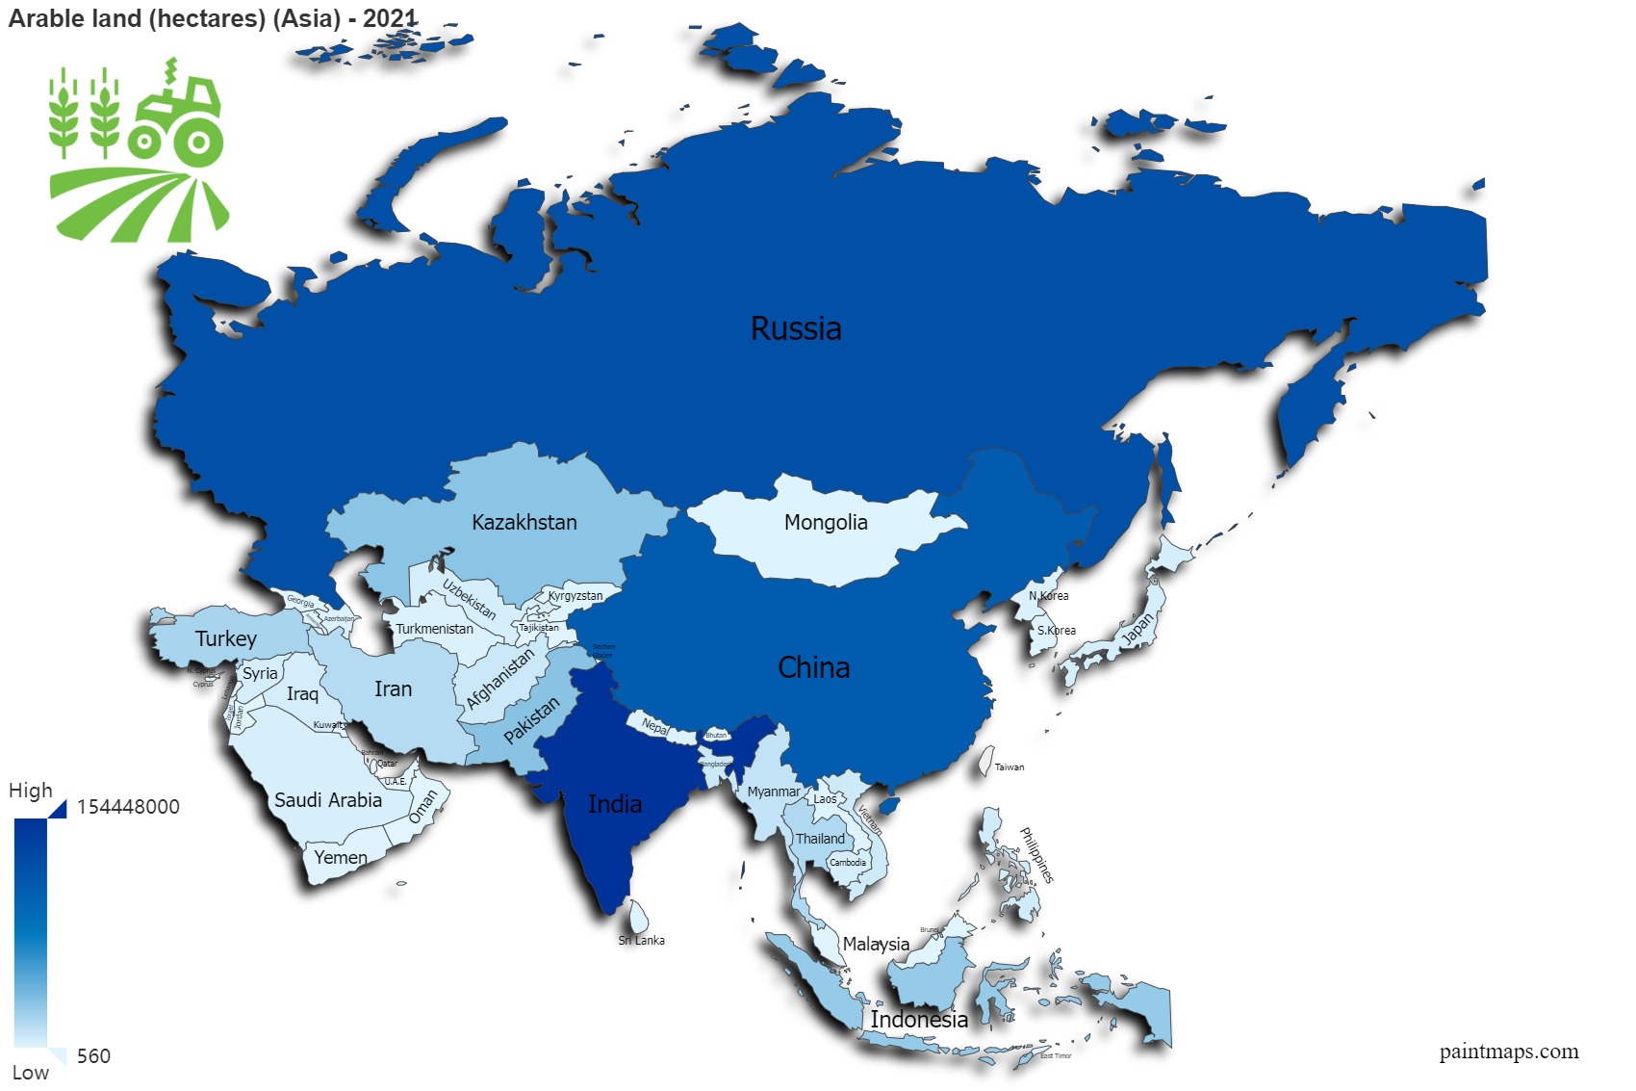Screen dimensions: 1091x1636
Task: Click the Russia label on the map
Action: [796, 328]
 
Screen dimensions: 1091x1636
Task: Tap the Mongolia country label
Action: [826, 522]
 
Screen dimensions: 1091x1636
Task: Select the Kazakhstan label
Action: [524, 522]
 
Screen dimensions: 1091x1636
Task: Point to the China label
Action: [813, 667]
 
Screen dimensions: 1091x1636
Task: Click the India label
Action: [615, 804]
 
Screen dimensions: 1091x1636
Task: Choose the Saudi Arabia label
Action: [328, 800]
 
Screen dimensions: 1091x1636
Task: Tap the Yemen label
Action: [341, 857]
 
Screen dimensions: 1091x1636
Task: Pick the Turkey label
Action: [226, 638]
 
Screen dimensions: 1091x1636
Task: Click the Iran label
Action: [393, 688]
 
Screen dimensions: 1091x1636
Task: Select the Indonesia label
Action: [919, 1020]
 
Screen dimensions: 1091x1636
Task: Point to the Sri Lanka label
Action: [642, 940]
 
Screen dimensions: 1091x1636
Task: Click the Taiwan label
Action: [1010, 767]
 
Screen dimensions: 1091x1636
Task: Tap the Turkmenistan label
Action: [434, 629]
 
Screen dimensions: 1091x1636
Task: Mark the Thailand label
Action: [820, 839]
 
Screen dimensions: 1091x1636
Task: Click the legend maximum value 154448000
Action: [128, 807]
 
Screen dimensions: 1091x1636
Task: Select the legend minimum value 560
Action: [93, 1056]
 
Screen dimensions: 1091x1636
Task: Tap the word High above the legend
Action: [31, 791]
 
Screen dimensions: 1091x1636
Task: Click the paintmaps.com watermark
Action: [1509, 1052]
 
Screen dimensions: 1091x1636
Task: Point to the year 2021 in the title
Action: [390, 18]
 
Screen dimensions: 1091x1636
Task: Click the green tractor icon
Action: [178, 116]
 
